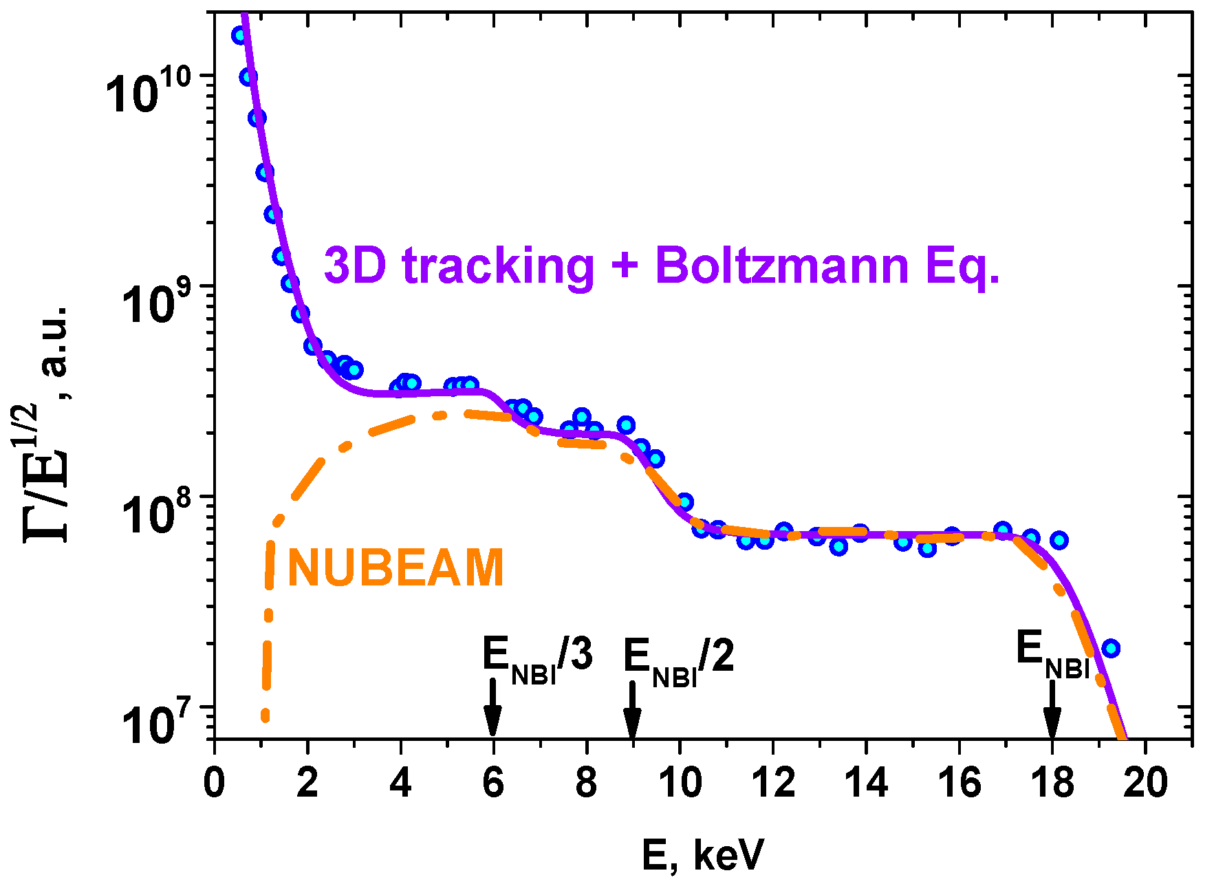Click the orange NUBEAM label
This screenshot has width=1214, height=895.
[x=395, y=568]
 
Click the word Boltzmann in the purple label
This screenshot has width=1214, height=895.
[x=782, y=266]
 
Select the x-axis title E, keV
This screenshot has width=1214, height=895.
[x=702, y=855]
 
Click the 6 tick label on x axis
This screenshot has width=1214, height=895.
[x=493, y=783]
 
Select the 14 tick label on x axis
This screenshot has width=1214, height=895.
[x=866, y=783]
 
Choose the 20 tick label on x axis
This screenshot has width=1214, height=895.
[x=1145, y=783]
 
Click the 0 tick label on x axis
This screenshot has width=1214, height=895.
[x=214, y=783]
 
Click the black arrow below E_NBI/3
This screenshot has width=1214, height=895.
[x=492, y=709]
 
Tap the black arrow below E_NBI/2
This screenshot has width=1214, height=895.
[x=632, y=711]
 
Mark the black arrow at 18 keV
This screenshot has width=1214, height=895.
[x=1052, y=711]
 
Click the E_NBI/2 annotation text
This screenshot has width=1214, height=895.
[x=678, y=660]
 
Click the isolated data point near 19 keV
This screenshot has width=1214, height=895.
[x=1110, y=648]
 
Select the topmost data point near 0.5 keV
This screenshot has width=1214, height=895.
[x=239, y=35]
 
